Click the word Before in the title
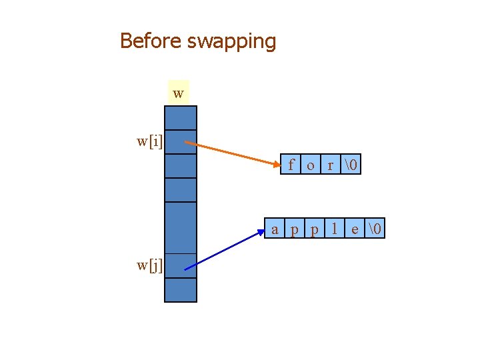[x=151, y=41]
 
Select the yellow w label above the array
[x=178, y=93]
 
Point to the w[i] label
[x=150, y=141]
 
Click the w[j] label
[x=150, y=265]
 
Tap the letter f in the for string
[x=291, y=165]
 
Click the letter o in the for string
[x=311, y=165]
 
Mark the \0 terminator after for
[x=351, y=165]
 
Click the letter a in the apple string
[x=275, y=230]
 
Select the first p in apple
[x=295, y=231]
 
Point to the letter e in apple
[x=355, y=230]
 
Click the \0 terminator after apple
[x=375, y=230]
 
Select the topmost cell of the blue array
[x=180, y=117]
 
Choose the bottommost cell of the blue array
[x=180, y=290]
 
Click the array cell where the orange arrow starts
[x=180, y=141]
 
